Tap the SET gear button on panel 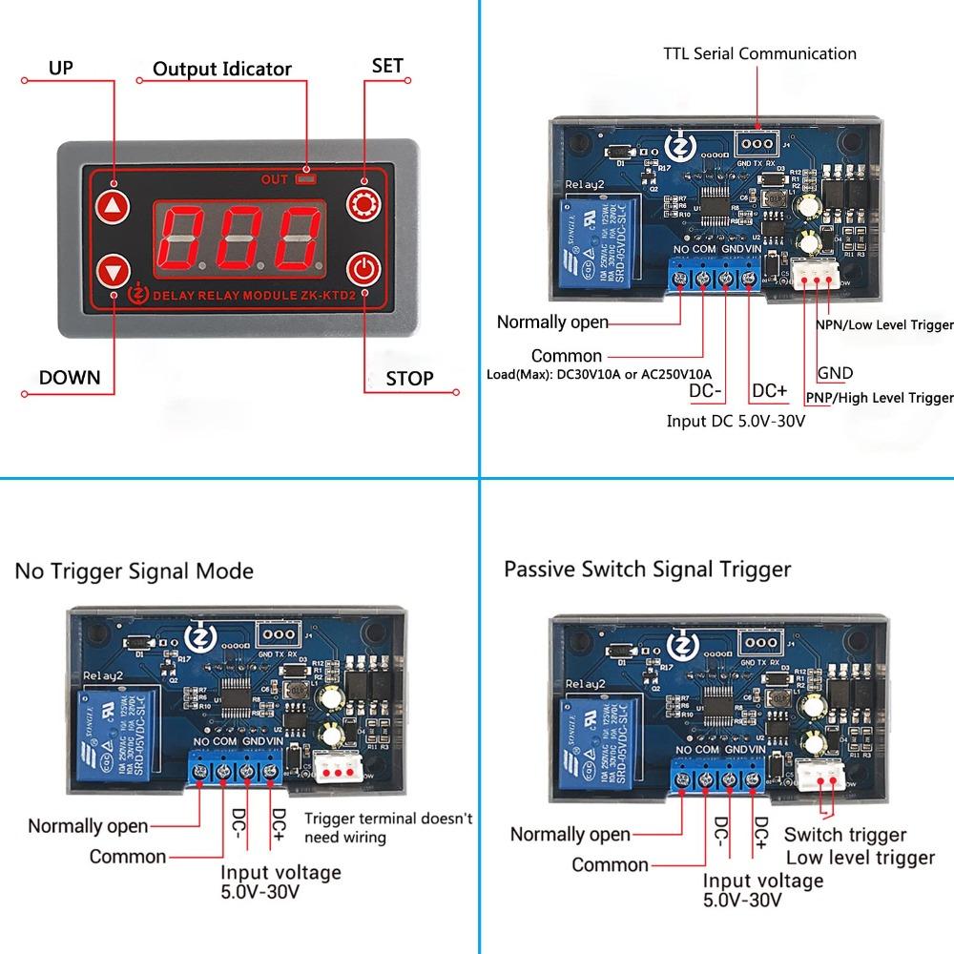click(363, 204)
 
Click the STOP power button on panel click(363, 270)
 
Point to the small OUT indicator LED click(305, 177)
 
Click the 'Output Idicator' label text click(222, 69)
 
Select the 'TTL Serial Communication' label click(759, 53)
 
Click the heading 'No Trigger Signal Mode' click(134, 571)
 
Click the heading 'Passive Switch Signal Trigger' click(647, 570)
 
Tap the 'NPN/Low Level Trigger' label click(884, 325)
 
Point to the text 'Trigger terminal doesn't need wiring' click(387, 828)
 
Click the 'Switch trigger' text click(845, 835)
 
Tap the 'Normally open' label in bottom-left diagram click(88, 826)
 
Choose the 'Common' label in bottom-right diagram click(610, 865)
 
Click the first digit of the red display click(178, 237)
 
